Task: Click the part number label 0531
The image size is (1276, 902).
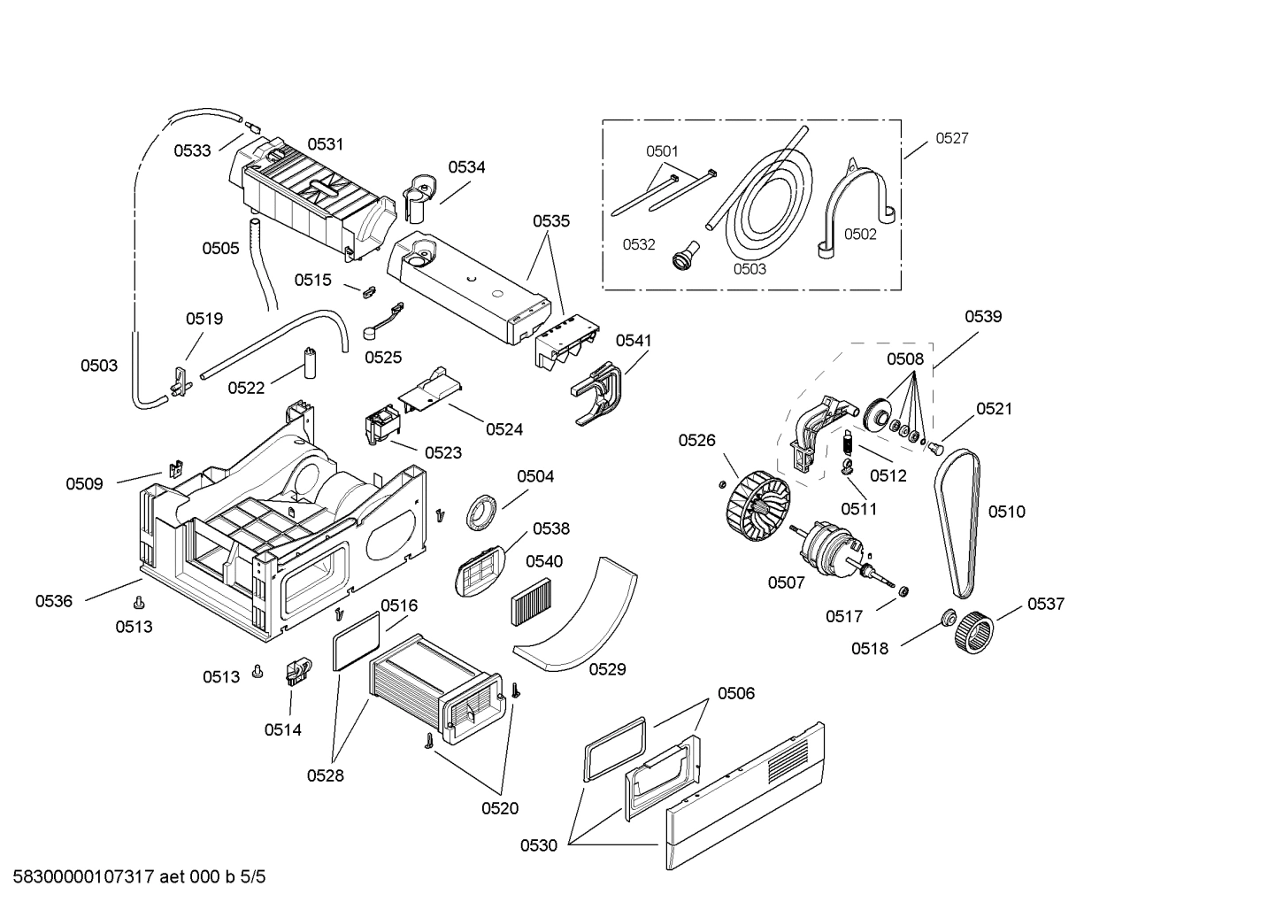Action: (x=325, y=144)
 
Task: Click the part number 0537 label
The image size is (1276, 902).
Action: (x=1045, y=604)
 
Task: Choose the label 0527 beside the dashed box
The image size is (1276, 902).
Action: (x=951, y=138)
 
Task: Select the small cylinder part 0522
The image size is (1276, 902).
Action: (x=311, y=363)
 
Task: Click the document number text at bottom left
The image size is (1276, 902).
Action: (x=133, y=877)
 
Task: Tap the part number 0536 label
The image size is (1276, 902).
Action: (x=53, y=601)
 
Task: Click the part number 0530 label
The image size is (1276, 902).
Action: (x=538, y=845)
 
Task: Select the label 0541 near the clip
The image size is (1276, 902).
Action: (x=633, y=340)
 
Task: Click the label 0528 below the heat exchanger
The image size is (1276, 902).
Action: (x=325, y=775)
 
